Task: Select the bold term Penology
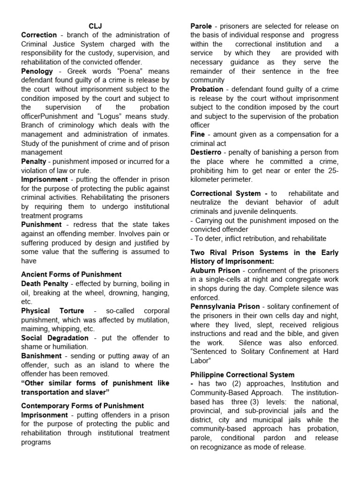click(x=37, y=71)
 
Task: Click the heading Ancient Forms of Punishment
click(x=71, y=275)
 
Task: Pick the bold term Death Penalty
click(x=45, y=284)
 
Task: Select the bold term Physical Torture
click(x=52, y=311)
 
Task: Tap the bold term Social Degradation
click(x=55, y=338)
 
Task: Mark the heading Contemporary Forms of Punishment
click(x=82, y=406)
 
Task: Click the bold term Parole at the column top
click(x=201, y=26)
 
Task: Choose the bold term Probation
click(x=207, y=89)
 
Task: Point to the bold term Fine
click(x=197, y=135)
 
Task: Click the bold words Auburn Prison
click(x=215, y=270)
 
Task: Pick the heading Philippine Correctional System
click(x=242, y=375)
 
